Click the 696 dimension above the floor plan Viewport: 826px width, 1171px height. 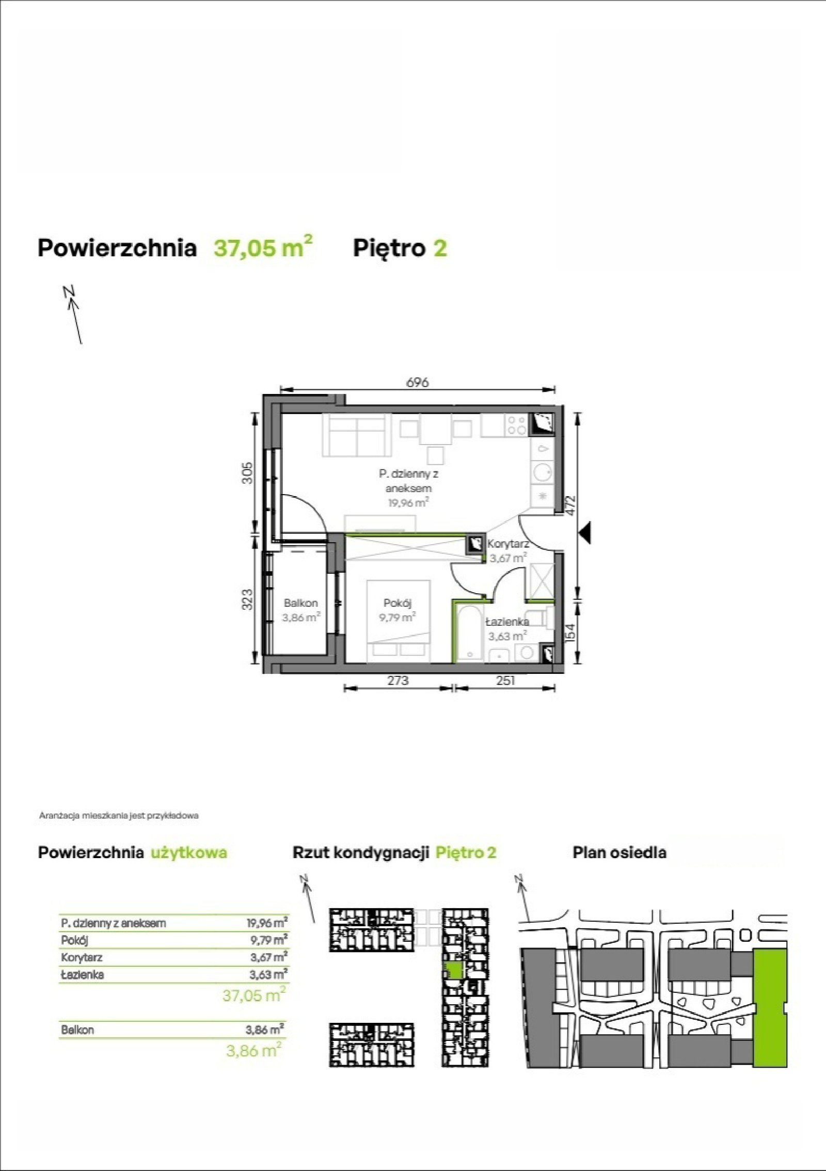(418, 383)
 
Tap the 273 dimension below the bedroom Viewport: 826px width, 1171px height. (398, 681)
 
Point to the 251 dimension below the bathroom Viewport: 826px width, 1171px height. (505, 681)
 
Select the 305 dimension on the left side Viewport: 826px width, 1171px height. (247, 472)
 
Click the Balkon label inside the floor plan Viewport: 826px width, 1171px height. (301, 603)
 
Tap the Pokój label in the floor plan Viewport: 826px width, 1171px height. (398, 603)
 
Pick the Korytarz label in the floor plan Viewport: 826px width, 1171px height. (509, 544)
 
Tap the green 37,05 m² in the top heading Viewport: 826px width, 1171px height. (263, 247)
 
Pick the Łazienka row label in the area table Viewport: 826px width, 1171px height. (82, 974)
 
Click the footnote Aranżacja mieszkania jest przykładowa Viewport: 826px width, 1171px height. (119, 816)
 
